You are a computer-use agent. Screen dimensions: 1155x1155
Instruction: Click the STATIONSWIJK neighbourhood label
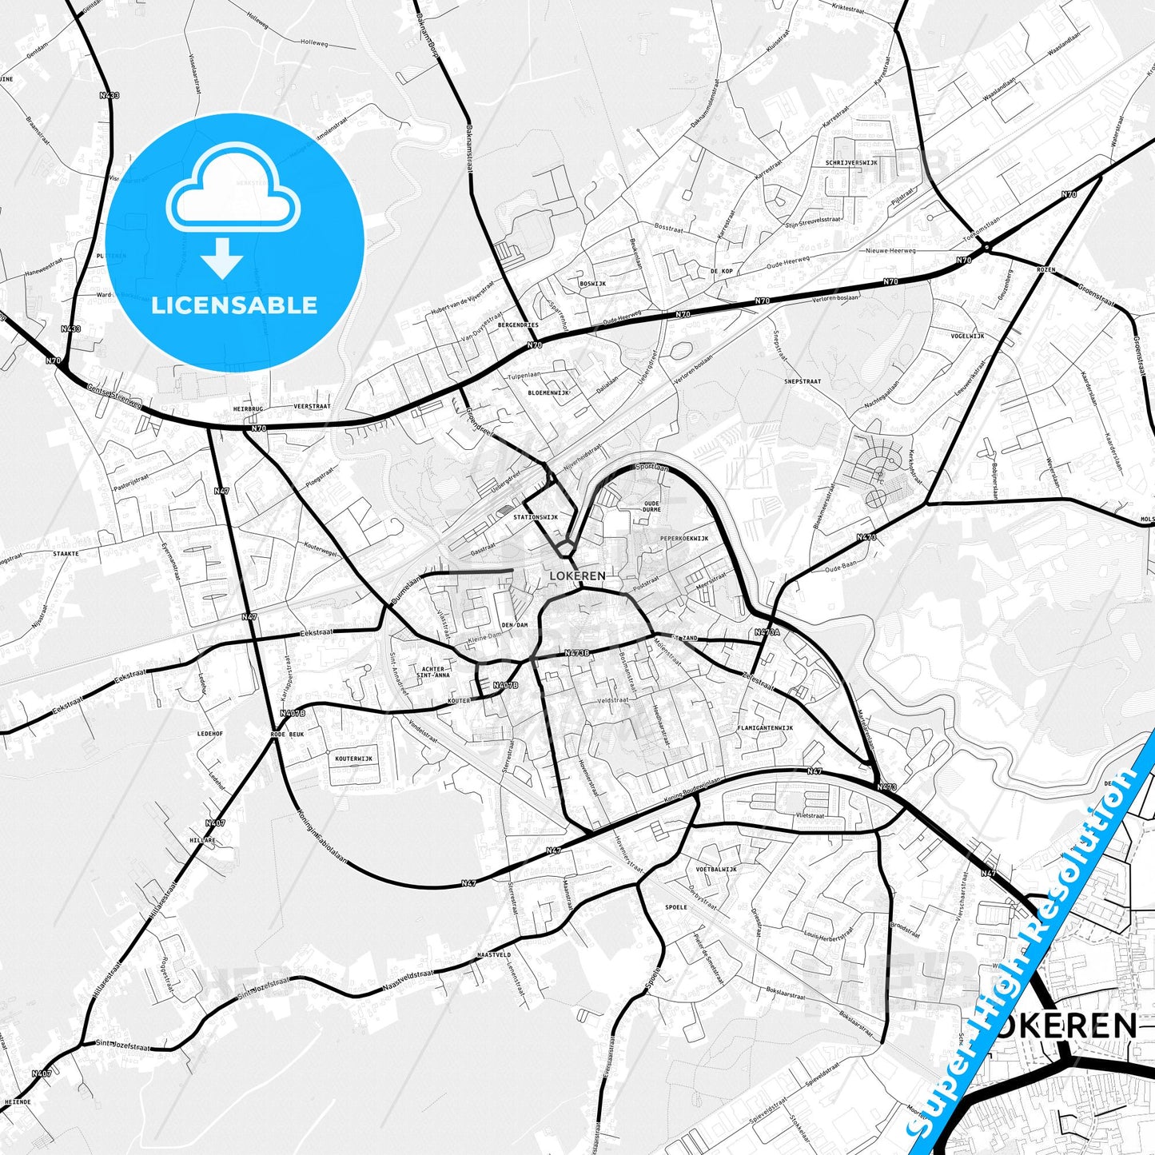(536, 517)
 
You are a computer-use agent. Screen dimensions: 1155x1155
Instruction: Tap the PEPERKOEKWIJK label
(684, 539)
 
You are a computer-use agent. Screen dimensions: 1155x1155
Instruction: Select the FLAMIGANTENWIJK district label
(765, 728)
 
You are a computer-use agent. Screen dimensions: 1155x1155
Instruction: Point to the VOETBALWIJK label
(716, 869)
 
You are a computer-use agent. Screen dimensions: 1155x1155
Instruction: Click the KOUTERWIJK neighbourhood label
(353, 759)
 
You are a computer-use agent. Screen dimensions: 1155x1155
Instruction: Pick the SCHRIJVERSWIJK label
(851, 162)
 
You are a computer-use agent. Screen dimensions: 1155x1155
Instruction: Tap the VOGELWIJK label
(967, 337)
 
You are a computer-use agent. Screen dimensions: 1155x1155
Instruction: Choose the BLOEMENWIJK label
(548, 393)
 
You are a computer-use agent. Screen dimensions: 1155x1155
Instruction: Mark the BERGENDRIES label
(518, 325)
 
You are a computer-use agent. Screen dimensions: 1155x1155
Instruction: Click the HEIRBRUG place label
(248, 408)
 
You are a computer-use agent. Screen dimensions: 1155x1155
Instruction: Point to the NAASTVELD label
(493, 955)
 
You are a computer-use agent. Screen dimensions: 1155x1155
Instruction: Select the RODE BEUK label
(288, 734)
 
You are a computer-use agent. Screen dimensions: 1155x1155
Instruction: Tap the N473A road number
(767, 632)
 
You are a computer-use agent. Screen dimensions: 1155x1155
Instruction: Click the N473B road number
(576, 653)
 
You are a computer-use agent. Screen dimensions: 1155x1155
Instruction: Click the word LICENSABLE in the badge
(234, 305)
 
